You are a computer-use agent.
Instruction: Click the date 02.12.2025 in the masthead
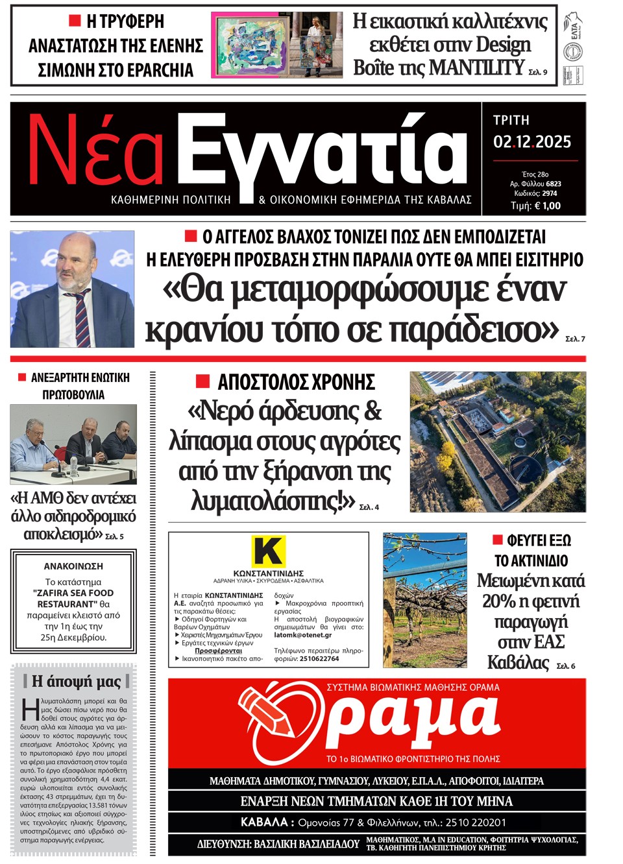click(x=532, y=142)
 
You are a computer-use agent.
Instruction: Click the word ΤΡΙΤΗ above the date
click(x=511, y=121)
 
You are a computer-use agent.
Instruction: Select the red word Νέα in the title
click(x=95, y=152)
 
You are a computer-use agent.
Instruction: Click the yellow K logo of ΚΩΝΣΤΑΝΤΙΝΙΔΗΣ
click(x=269, y=552)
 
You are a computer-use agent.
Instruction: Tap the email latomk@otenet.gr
click(x=302, y=636)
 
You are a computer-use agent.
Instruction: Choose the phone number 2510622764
click(x=319, y=659)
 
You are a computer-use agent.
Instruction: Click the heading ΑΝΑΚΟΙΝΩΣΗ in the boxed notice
click(x=73, y=566)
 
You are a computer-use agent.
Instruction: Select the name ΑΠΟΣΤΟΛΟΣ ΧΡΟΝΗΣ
click(x=296, y=382)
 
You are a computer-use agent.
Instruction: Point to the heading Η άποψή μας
click(x=76, y=681)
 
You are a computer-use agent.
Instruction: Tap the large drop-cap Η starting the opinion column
click(x=30, y=710)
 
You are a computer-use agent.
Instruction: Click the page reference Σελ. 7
click(x=575, y=339)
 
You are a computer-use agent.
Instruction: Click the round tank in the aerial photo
click(x=524, y=470)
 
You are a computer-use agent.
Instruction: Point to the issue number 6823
click(x=553, y=184)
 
